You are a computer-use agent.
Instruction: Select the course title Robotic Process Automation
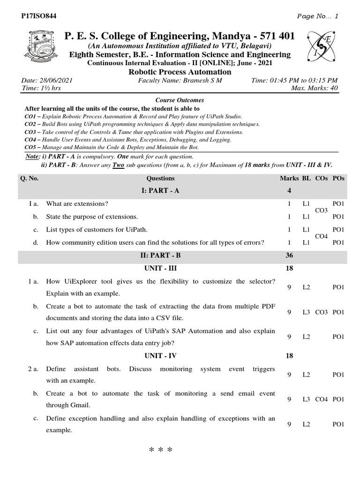180,72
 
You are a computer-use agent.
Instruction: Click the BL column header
306,178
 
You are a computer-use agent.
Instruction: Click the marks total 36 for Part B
289,255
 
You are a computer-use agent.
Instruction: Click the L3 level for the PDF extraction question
306,312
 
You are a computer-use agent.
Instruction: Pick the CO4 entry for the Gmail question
322,399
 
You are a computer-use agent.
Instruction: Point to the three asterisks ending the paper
160,451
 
